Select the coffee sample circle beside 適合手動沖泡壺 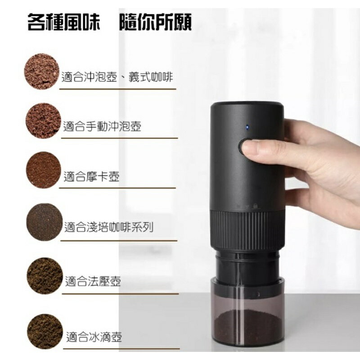coord(43,121)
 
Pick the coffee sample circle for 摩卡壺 coord(43,170)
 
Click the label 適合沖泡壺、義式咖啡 coord(117,77)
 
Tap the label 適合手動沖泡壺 coord(102,126)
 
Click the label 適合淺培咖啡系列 coord(108,227)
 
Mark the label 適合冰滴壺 coord(94,337)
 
